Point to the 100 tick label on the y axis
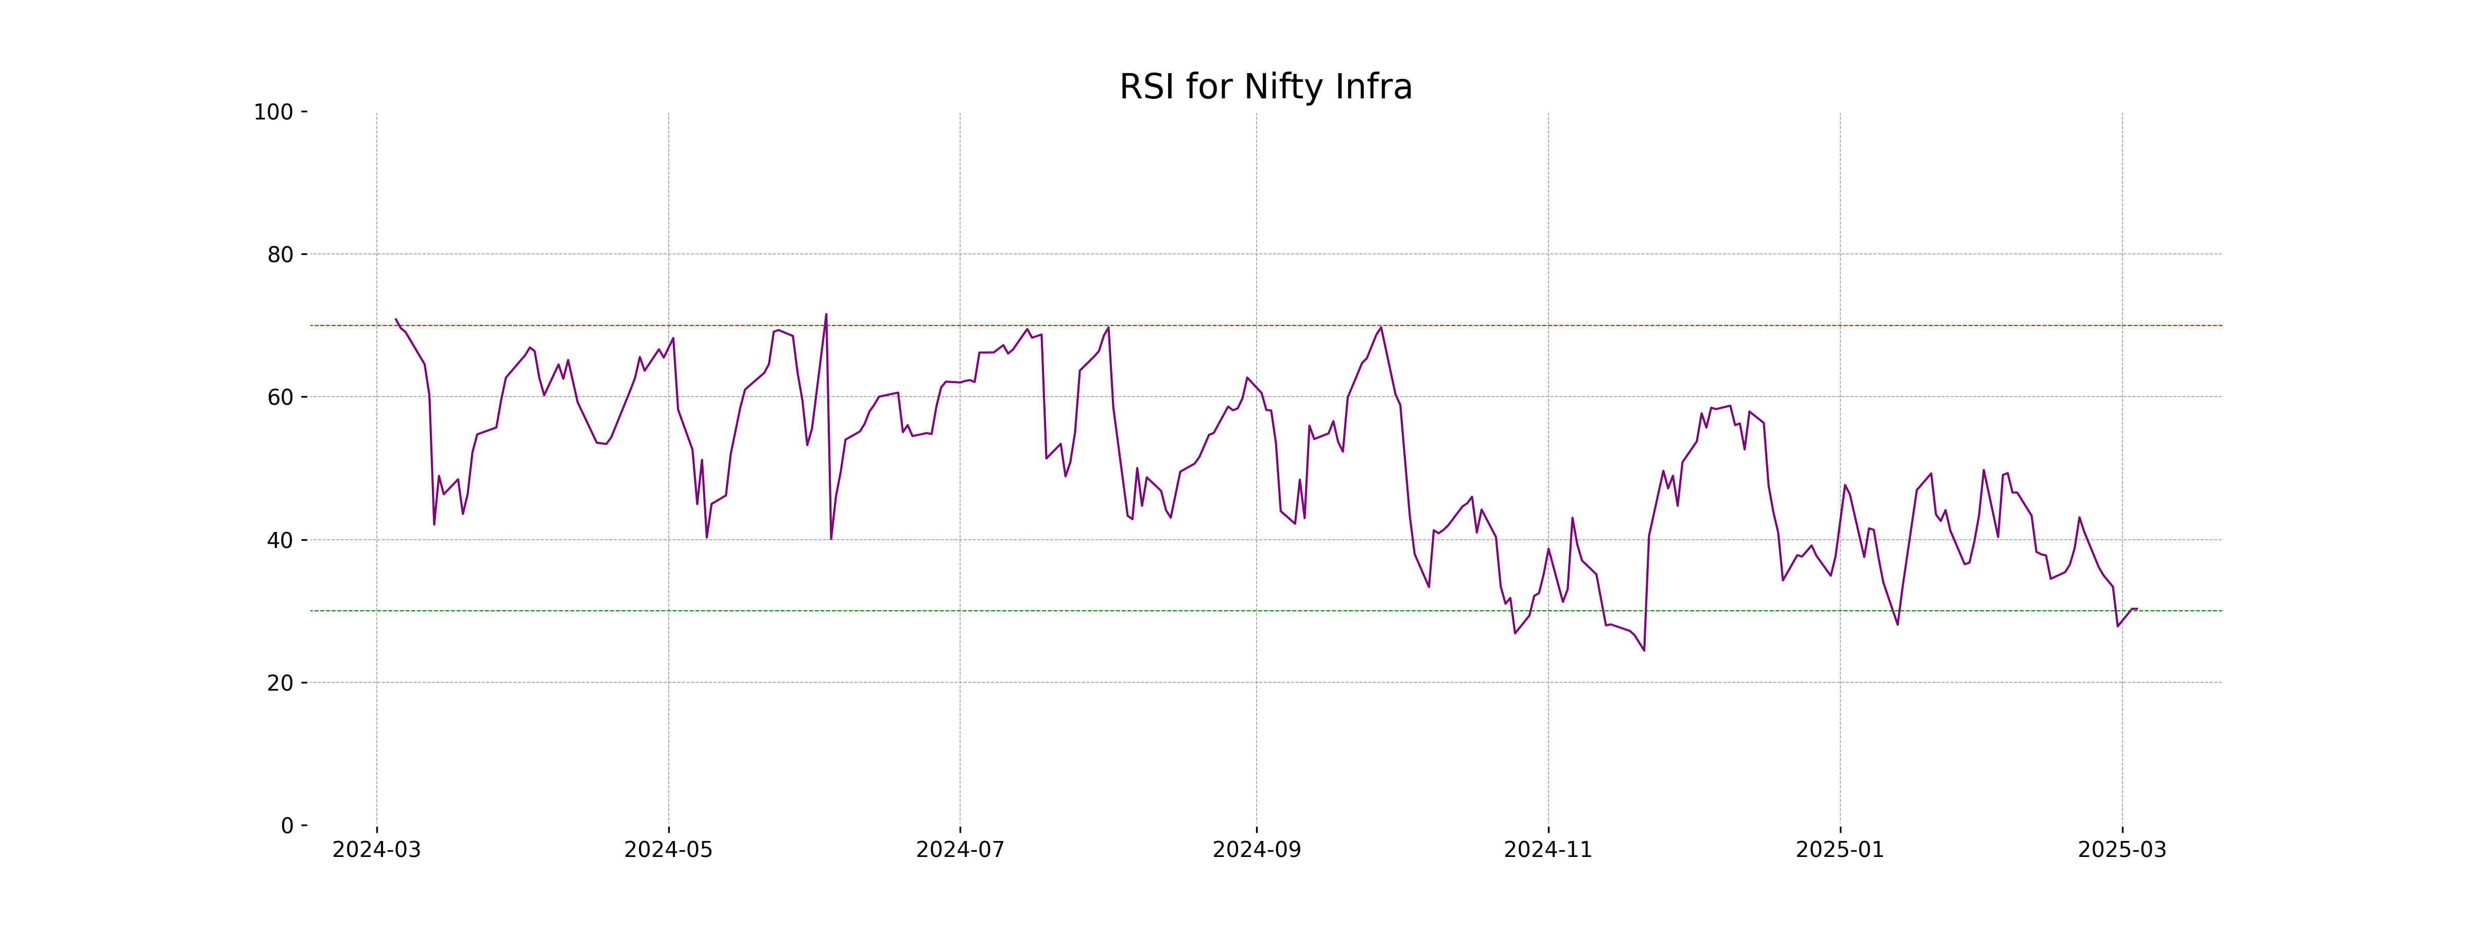[273, 112]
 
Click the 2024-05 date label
[669, 850]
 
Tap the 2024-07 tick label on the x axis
[960, 850]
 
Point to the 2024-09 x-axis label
[1257, 850]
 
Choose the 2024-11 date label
[1548, 850]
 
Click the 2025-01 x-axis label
[1840, 850]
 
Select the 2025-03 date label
[2122, 850]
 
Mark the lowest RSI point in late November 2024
[1644, 650]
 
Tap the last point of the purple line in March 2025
[2136, 608]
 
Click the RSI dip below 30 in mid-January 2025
[1898, 625]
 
